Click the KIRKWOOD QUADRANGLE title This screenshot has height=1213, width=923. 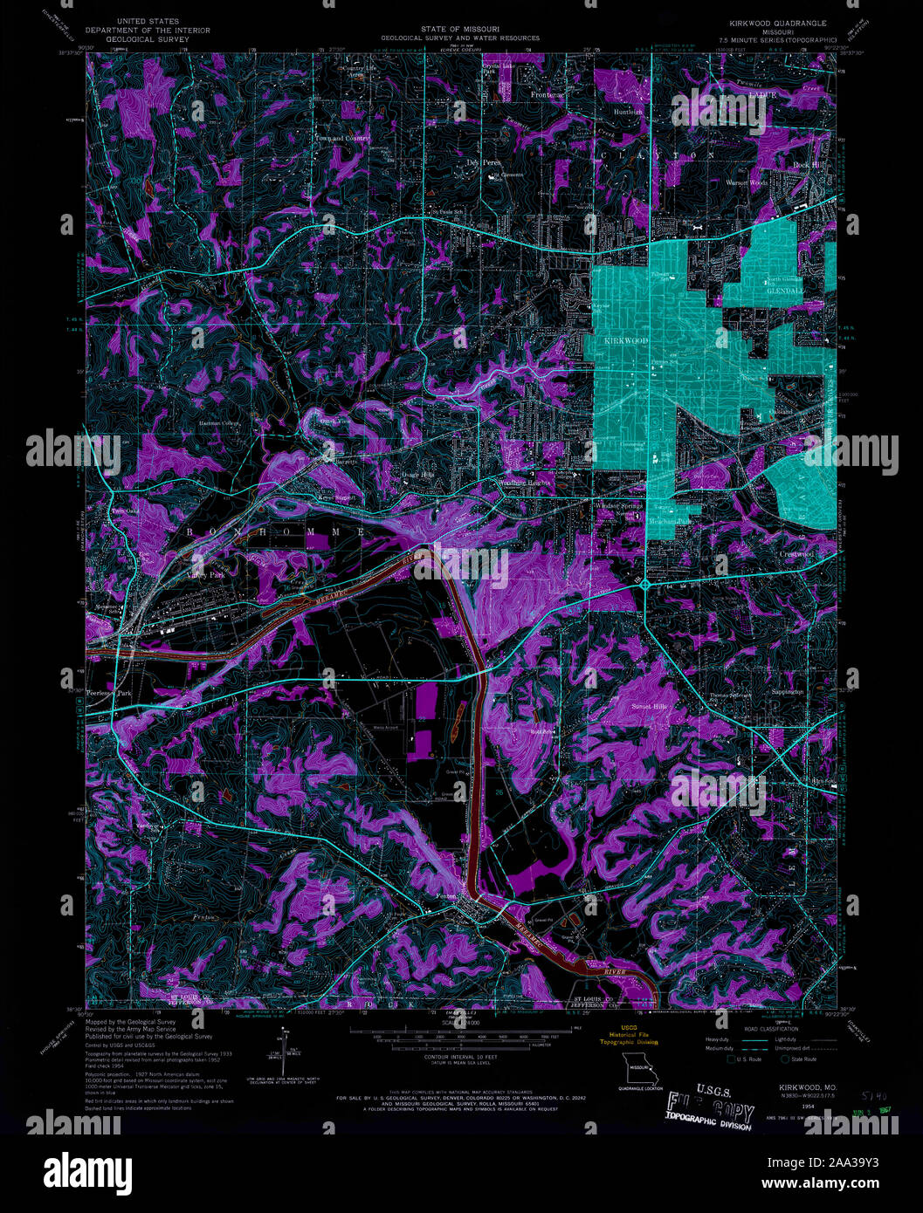[x=771, y=21]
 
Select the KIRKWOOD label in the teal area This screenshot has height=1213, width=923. [x=626, y=339]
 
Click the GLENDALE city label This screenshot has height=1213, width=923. [x=783, y=292]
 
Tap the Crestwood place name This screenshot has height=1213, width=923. [x=796, y=554]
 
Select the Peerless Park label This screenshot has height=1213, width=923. [x=109, y=692]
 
